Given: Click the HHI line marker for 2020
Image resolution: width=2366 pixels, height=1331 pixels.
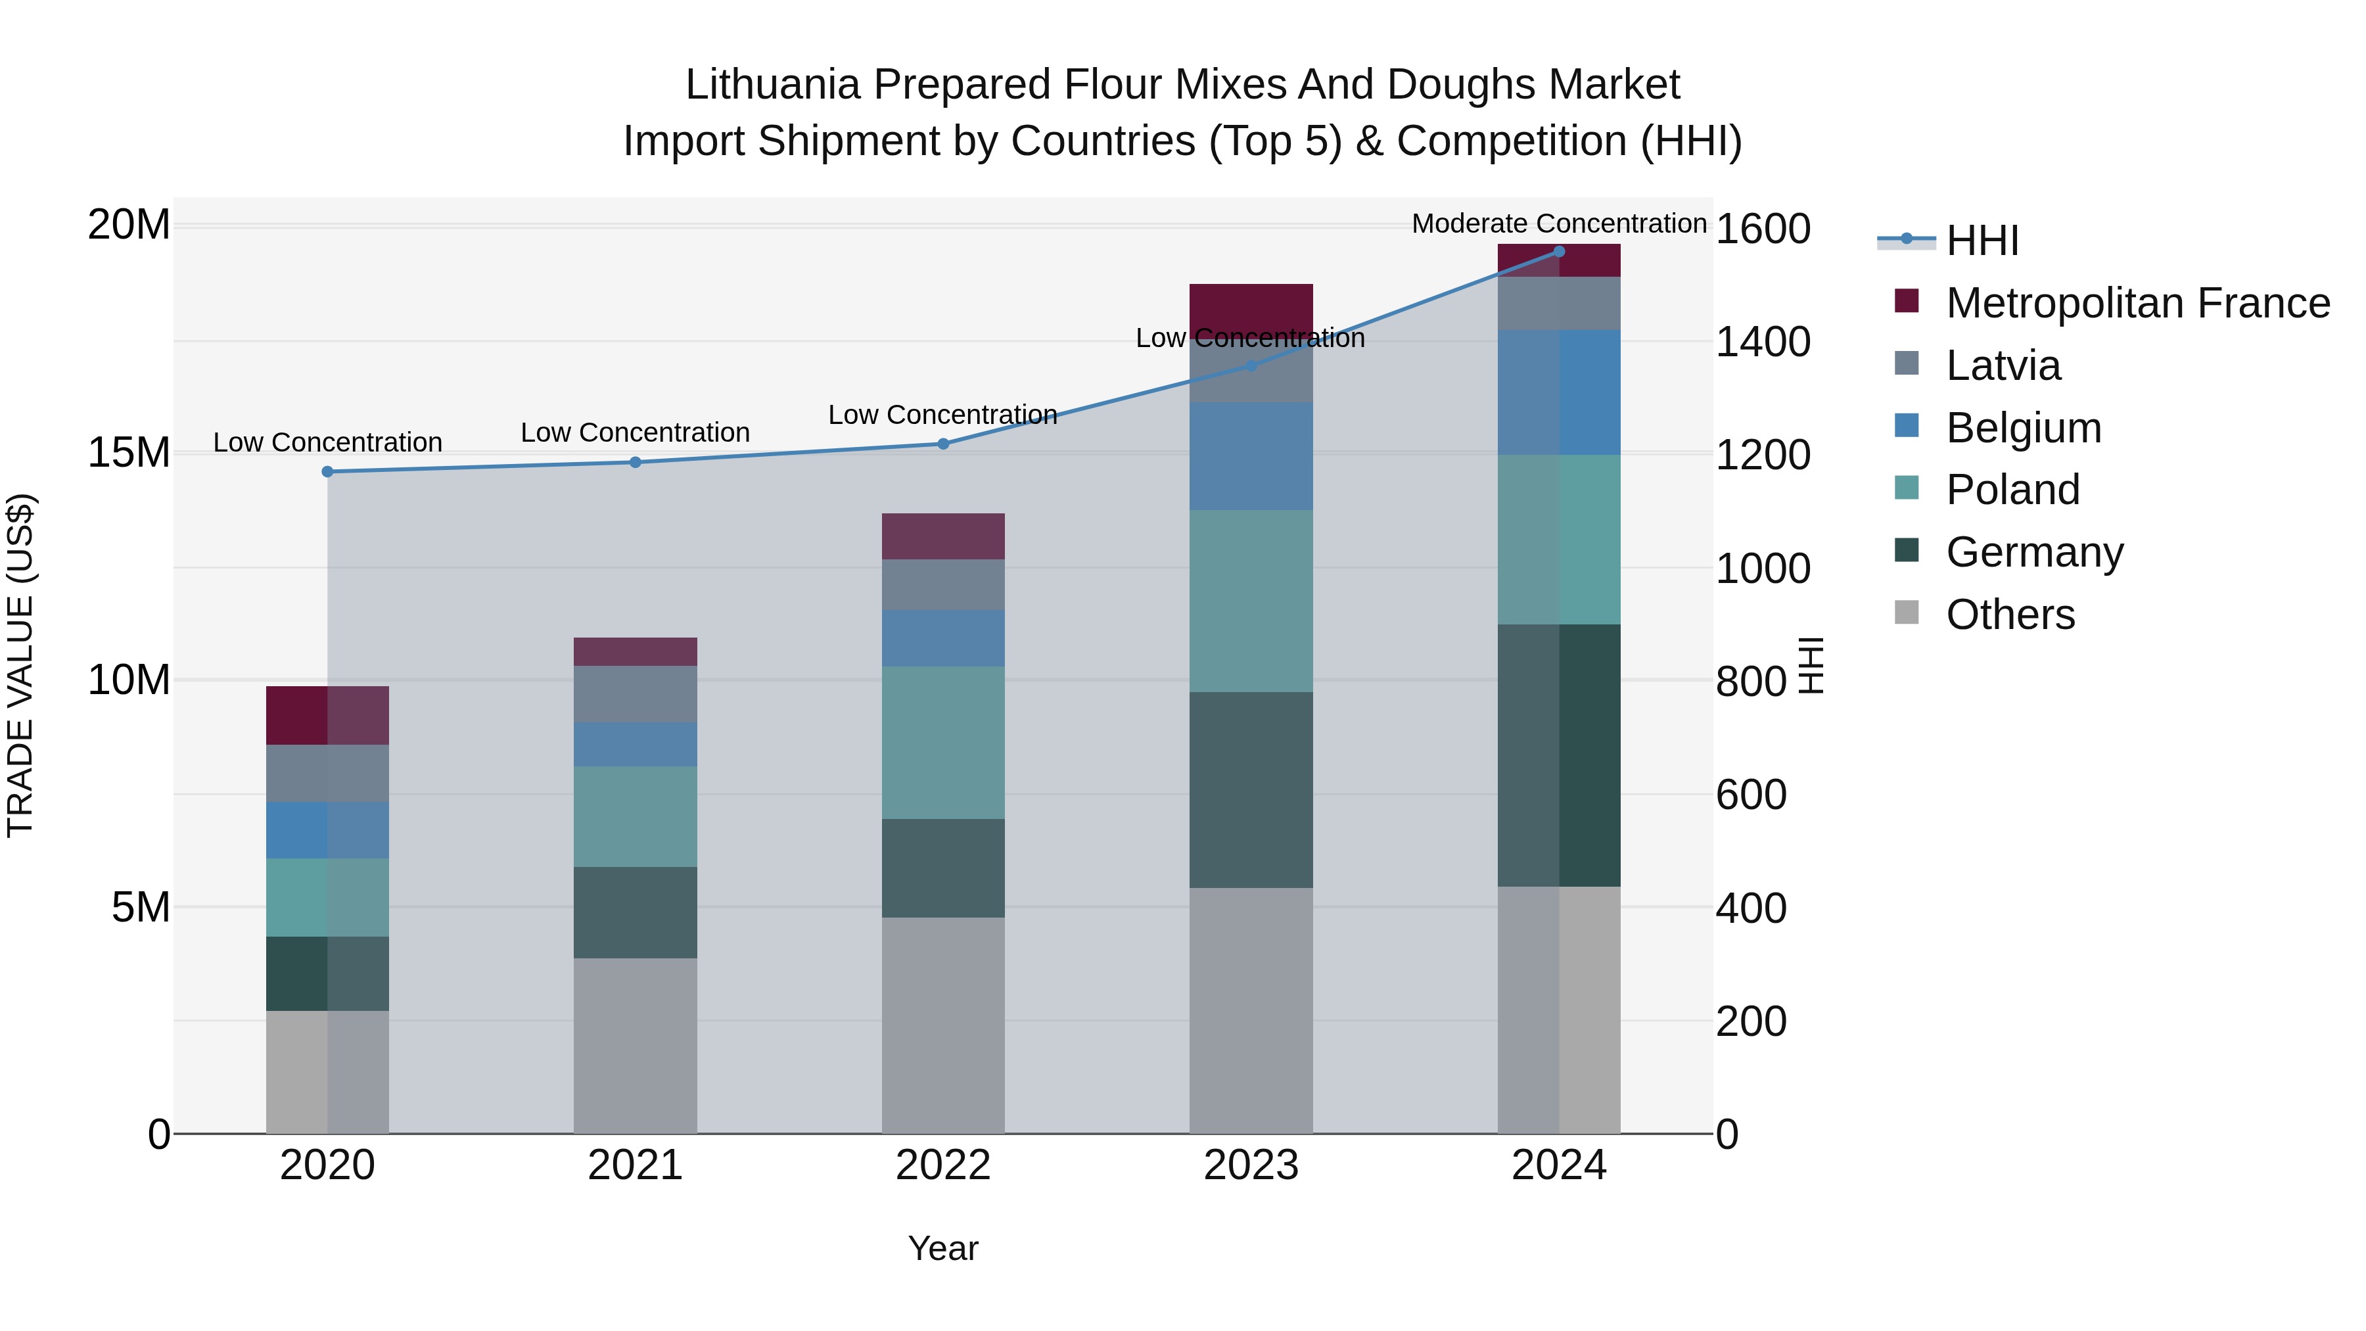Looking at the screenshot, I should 327,471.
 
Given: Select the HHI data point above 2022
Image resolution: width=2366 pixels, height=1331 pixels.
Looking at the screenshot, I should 943,444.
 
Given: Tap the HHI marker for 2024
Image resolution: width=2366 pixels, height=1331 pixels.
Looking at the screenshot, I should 1559,251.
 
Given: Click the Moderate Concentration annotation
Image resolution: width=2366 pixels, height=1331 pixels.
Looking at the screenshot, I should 1559,223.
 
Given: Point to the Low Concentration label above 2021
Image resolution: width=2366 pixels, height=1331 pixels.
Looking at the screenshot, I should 635,432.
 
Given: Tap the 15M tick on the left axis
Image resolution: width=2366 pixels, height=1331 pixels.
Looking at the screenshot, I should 129,452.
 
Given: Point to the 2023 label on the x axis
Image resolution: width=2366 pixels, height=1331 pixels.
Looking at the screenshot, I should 1251,1165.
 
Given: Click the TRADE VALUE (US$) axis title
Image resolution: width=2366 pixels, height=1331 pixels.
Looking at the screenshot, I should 20,665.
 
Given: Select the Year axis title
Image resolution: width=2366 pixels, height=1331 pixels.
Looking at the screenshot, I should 943,1248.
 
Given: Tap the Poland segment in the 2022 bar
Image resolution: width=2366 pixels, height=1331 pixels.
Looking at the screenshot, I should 943,742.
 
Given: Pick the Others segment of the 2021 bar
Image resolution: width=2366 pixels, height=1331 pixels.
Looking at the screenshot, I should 635,1045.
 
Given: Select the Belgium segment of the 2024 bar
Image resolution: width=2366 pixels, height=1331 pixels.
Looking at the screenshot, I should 1559,392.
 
